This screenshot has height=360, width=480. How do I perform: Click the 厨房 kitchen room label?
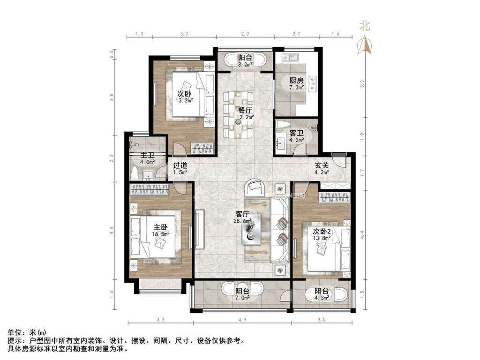point(296,80)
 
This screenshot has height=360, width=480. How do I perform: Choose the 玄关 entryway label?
point(321,165)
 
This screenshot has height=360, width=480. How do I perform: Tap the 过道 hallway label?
point(180,165)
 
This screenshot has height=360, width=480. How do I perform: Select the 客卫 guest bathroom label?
point(296,133)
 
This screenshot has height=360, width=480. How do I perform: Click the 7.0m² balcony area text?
point(242,297)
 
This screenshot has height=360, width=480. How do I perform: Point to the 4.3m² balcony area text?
point(322,297)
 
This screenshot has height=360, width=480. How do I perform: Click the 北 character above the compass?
point(365,26)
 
